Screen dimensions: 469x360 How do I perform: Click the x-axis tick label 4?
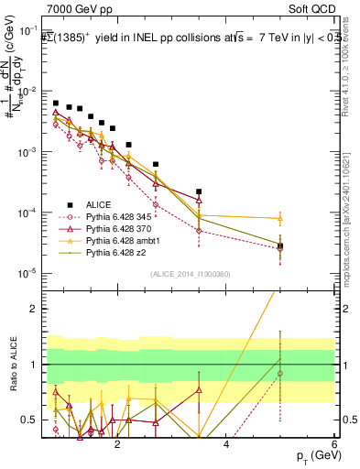[226, 446]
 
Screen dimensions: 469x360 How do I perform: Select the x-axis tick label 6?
[335, 446]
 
